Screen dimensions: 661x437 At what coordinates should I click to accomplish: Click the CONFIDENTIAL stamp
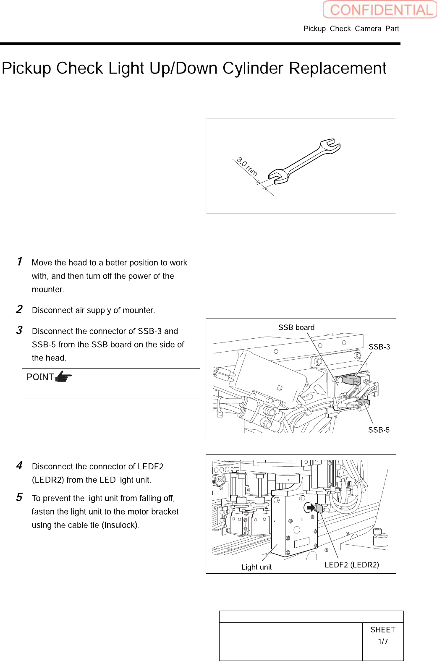pyautogui.click(x=380, y=10)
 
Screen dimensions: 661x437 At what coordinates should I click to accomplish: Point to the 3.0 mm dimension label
pyautogui.click(x=247, y=167)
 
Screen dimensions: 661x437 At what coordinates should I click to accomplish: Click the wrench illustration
pyautogui.click(x=304, y=162)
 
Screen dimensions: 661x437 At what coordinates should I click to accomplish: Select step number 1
pyautogui.click(x=19, y=261)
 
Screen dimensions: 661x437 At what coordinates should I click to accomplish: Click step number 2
pyautogui.click(x=19, y=309)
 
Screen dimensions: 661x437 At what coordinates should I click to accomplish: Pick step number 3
pyautogui.click(x=19, y=330)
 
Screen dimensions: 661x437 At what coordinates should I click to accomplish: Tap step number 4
pyautogui.click(x=19, y=465)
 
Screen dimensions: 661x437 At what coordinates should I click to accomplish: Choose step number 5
pyautogui.click(x=19, y=497)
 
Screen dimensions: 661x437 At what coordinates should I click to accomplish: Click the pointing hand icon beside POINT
pyautogui.click(x=63, y=376)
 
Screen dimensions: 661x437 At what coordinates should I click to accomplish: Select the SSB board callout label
pyautogui.click(x=296, y=327)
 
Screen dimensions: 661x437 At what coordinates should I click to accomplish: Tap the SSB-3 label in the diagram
pyautogui.click(x=379, y=347)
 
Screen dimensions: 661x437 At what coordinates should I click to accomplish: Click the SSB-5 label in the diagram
pyautogui.click(x=379, y=430)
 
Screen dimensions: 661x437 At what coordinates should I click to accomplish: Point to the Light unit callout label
pyautogui.click(x=256, y=567)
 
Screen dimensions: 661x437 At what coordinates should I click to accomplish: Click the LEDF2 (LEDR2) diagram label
pyautogui.click(x=352, y=565)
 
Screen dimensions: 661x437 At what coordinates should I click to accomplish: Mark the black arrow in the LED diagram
pyautogui.click(x=310, y=508)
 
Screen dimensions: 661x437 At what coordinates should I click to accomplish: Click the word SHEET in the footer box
pyautogui.click(x=383, y=630)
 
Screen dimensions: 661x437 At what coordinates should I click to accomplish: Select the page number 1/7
pyautogui.click(x=383, y=641)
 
